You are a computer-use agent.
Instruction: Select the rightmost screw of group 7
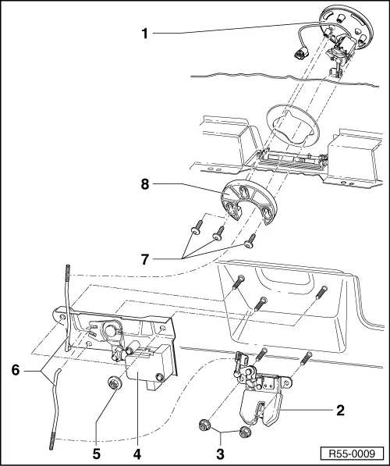(250, 240)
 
